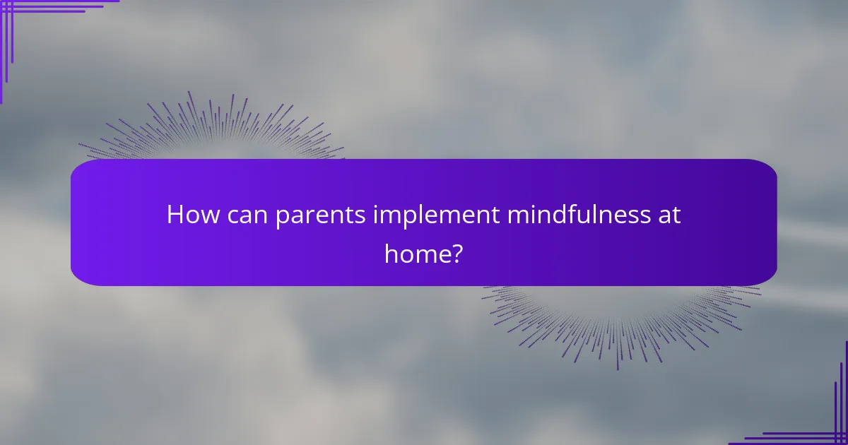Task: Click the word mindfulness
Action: point(575,215)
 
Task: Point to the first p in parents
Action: point(282,218)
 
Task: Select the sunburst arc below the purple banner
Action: point(622,325)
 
